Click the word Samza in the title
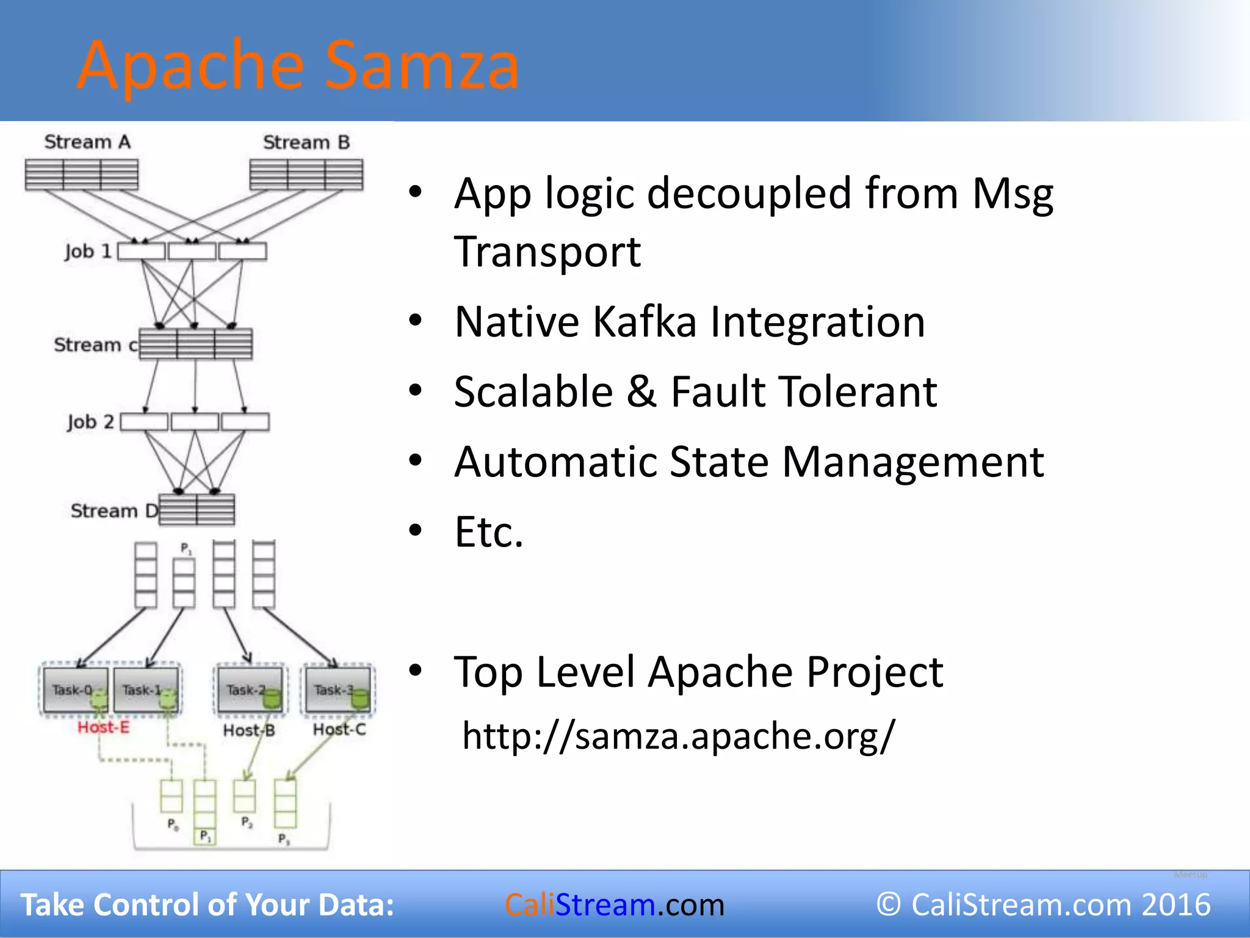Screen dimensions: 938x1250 click(421, 65)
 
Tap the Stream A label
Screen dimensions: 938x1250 click(87, 142)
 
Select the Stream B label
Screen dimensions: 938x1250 click(306, 143)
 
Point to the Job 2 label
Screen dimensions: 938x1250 click(91, 422)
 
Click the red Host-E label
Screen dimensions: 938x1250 click(104, 727)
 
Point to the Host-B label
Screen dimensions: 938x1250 click(249, 730)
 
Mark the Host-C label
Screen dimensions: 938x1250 click(339, 729)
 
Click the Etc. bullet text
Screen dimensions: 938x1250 click(489, 532)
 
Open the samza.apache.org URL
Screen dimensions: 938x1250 click(678, 735)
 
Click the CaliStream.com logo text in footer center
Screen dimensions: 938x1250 click(614, 904)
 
